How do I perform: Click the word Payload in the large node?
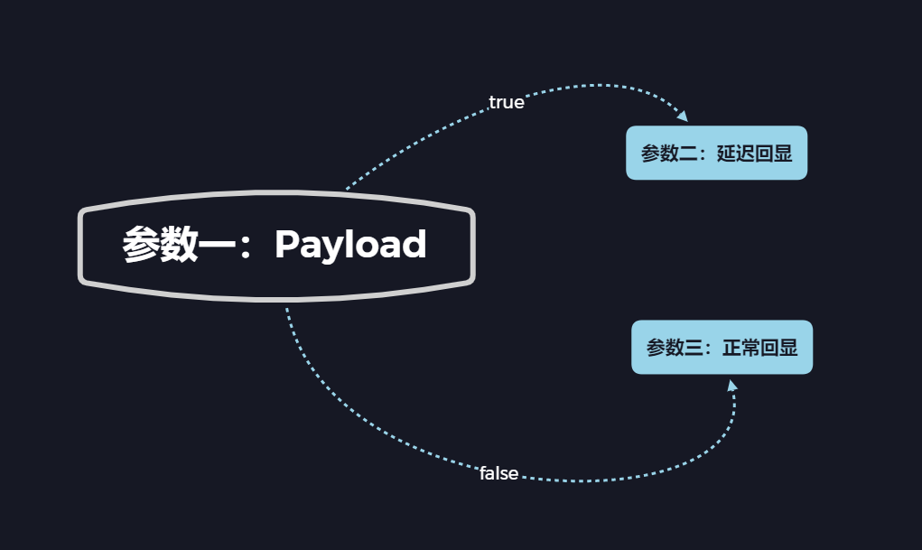tap(350, 244)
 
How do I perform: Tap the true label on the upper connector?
tap(507, 102)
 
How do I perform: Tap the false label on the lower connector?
tap(498, 473)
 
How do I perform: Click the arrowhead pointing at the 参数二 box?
tap(683, 116)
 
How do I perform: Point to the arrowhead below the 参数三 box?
tap(732, 386)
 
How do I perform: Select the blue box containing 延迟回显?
tap(716, 153)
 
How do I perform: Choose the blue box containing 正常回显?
tap(722, 347)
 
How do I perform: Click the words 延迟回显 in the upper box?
tap(754, 154)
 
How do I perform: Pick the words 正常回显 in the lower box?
tap(759, 348)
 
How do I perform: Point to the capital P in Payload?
tap(287, 244)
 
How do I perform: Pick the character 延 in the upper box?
tap(726, 154)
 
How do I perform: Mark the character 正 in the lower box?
tap(731, 348)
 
